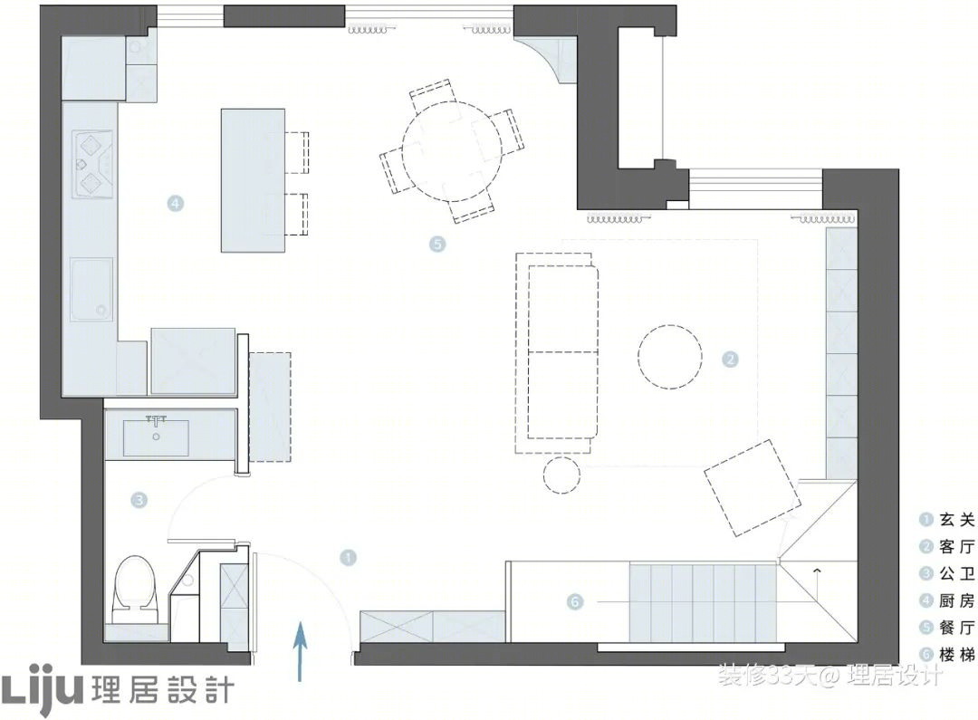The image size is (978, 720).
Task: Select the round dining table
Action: click(x=452, y=151)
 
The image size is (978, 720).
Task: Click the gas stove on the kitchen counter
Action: click(x=93, y=164)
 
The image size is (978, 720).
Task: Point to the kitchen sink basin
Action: click(x=91, y=290)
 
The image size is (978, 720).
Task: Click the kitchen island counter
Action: click(x=254, y=181)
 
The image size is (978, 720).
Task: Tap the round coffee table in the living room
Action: click(x=670, y=357)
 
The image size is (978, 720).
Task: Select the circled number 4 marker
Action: click(x=176, y=203)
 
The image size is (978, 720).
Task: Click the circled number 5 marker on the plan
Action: click(x=437, y=244)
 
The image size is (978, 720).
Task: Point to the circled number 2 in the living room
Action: click(x=730, y=360)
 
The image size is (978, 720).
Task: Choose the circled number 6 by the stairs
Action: click(x=575, y=601)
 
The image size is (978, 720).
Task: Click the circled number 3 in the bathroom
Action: click(x=139, y=500)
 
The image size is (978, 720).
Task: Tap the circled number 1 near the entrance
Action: click(x=348, y=557)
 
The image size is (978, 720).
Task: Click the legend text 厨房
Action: click(x=957, y=600)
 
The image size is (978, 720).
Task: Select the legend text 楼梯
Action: click(x=957, y=655)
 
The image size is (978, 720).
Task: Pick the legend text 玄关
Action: click(x=957, y=520)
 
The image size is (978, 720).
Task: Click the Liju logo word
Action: click(x=42, y=690)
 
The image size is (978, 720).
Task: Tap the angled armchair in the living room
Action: click(x=752, y=488)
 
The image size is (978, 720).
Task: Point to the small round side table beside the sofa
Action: click(x=561, y=475)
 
